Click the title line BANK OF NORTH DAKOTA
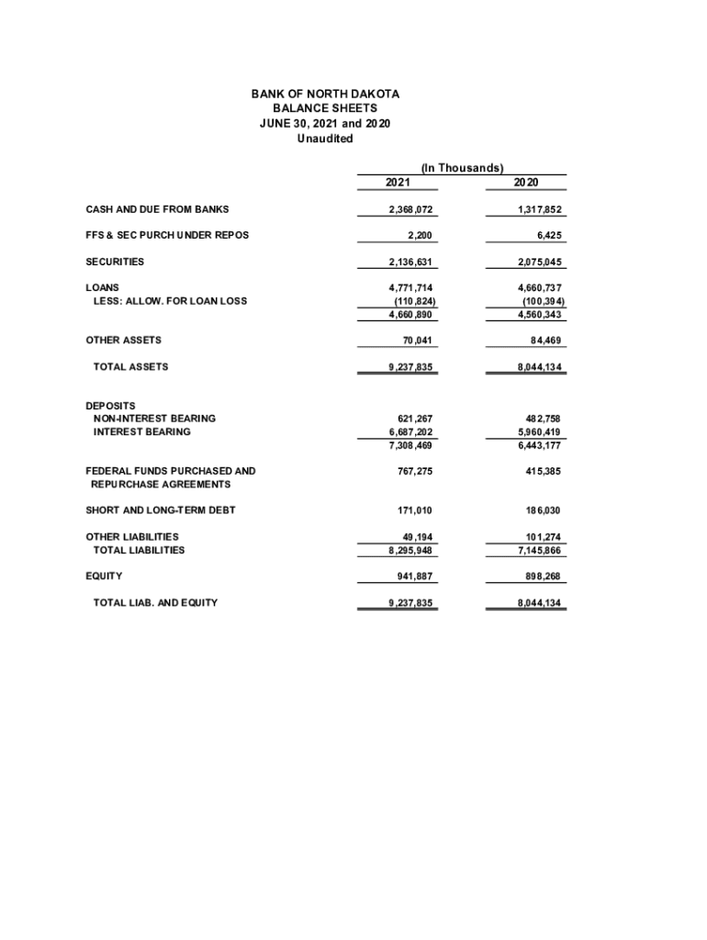click(325, 95)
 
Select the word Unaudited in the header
click(325, 139)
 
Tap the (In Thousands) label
click(461, 168)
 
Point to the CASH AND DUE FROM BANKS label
click(157, 209)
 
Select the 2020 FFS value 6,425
click(547, 236)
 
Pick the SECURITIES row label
click(115, 262)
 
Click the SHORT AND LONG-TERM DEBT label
click(161, 510)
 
